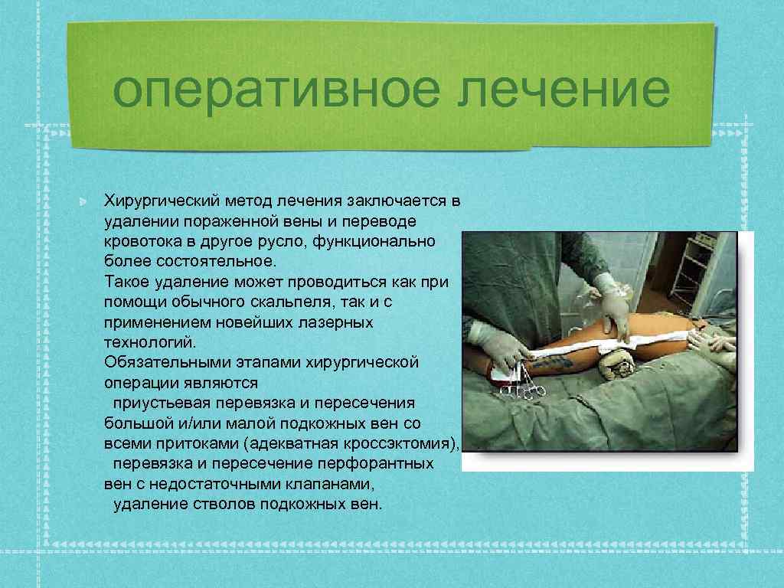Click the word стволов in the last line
coord(228,504)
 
